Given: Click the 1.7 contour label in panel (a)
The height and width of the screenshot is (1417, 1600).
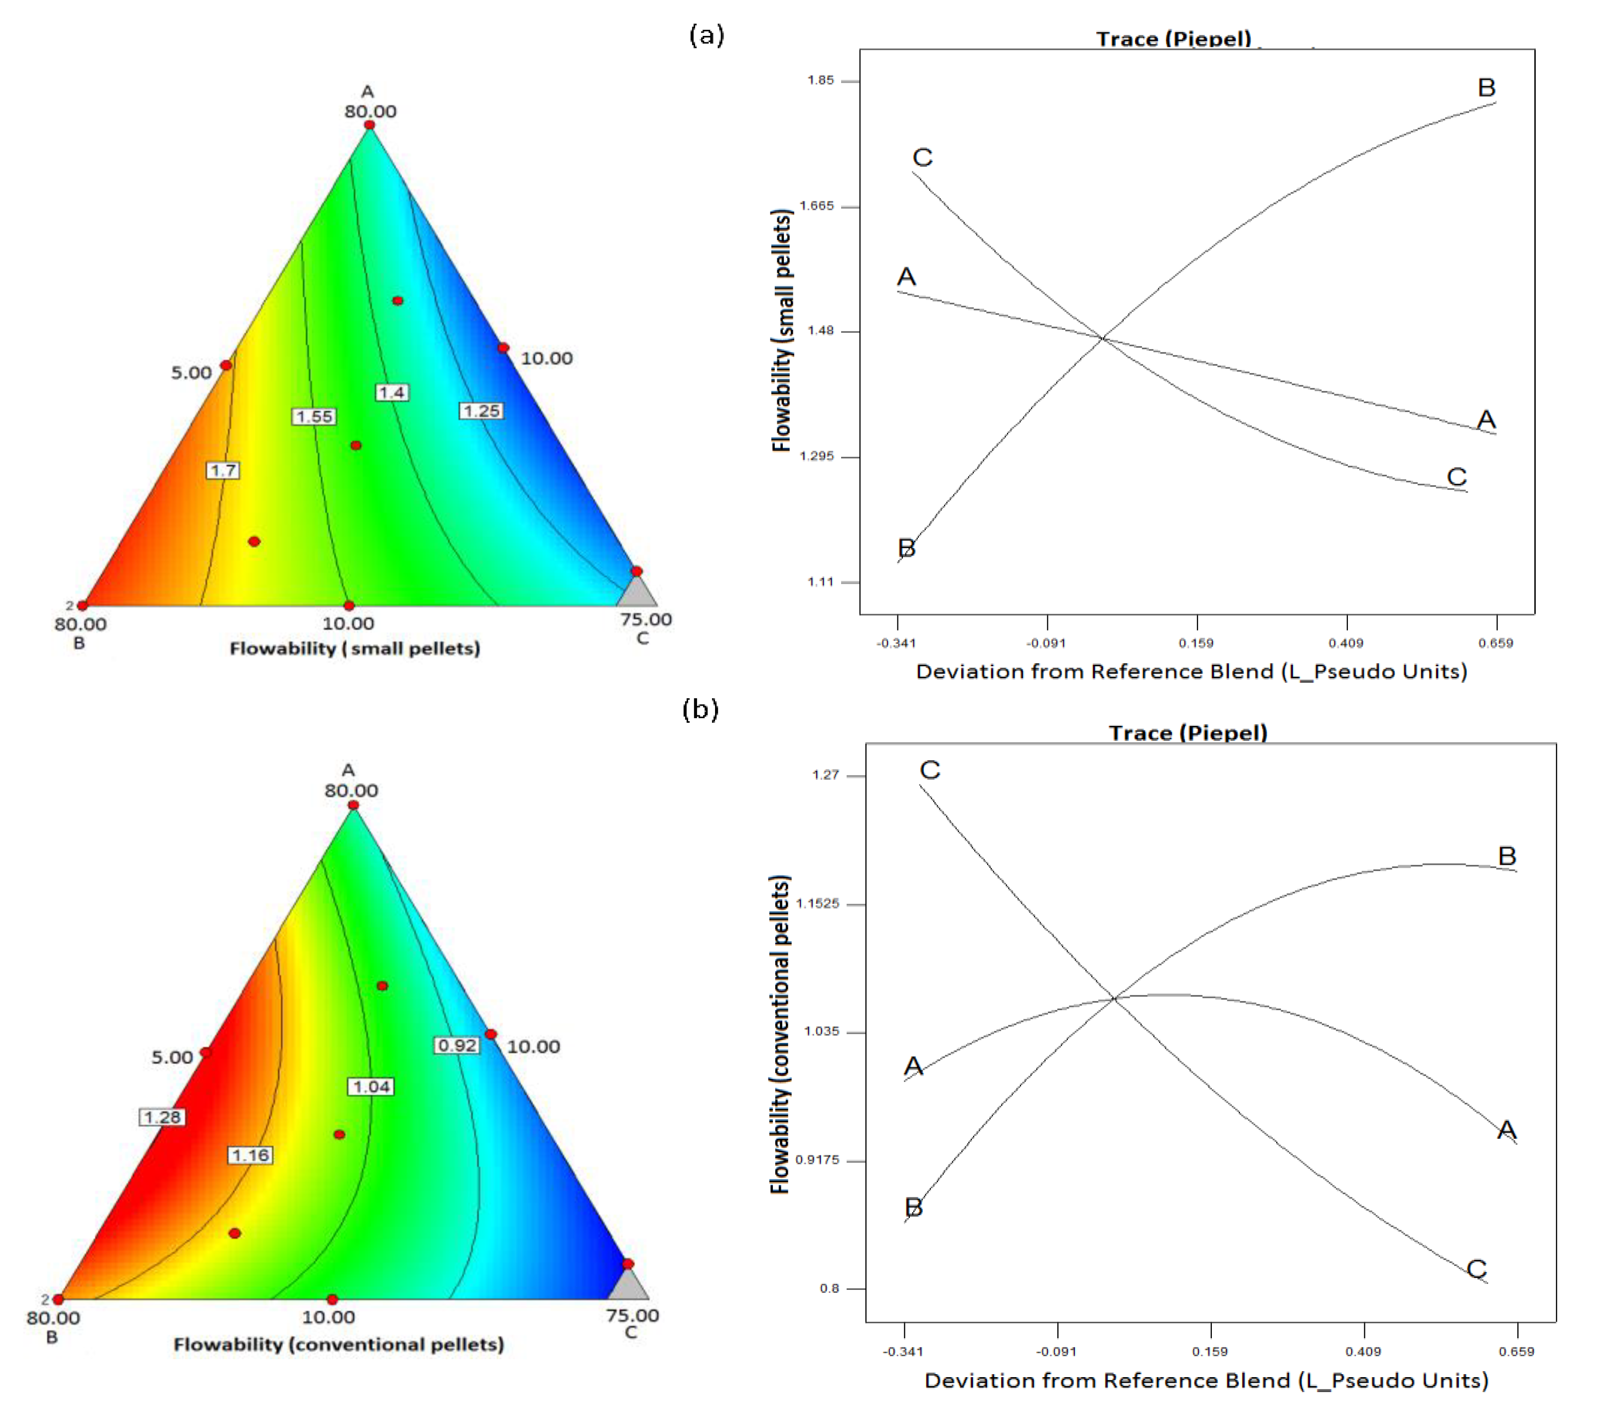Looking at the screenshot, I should click(x=223, y=471).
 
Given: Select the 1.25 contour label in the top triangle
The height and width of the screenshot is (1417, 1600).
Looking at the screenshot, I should click(x=481, y=411).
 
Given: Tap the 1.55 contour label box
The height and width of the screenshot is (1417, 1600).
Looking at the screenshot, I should click(x=315, y=417).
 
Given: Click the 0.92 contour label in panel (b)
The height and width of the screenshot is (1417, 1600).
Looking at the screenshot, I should click(x=457, y=1045).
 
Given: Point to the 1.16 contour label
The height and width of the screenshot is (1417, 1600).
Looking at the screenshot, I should click(x=251, y=1155).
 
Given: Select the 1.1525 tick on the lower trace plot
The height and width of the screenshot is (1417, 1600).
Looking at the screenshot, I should click(x=817, y=904).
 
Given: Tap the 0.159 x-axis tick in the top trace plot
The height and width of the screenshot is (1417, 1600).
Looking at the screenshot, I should click(x=1196, y=643).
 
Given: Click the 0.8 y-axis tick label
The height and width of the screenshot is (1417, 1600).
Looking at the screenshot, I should click(x=829, y=1288).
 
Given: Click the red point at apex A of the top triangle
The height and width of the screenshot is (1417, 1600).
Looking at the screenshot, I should click(x=369, y=125).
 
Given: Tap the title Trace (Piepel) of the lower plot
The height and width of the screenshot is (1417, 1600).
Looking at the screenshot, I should click(x=1187, y=733).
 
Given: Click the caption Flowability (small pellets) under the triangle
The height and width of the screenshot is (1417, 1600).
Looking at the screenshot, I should click(x=355, y=648).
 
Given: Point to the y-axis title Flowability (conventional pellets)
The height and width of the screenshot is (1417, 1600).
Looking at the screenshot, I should click(x=780, y=1033).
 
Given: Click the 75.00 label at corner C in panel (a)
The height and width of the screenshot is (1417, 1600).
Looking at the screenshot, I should click(x=646, y=619).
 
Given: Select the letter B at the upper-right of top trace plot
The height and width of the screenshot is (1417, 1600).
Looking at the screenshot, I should click(x=1486, y=88).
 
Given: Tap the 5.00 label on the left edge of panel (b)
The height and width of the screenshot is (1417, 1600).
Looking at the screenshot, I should click(x=172, y=1057).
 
